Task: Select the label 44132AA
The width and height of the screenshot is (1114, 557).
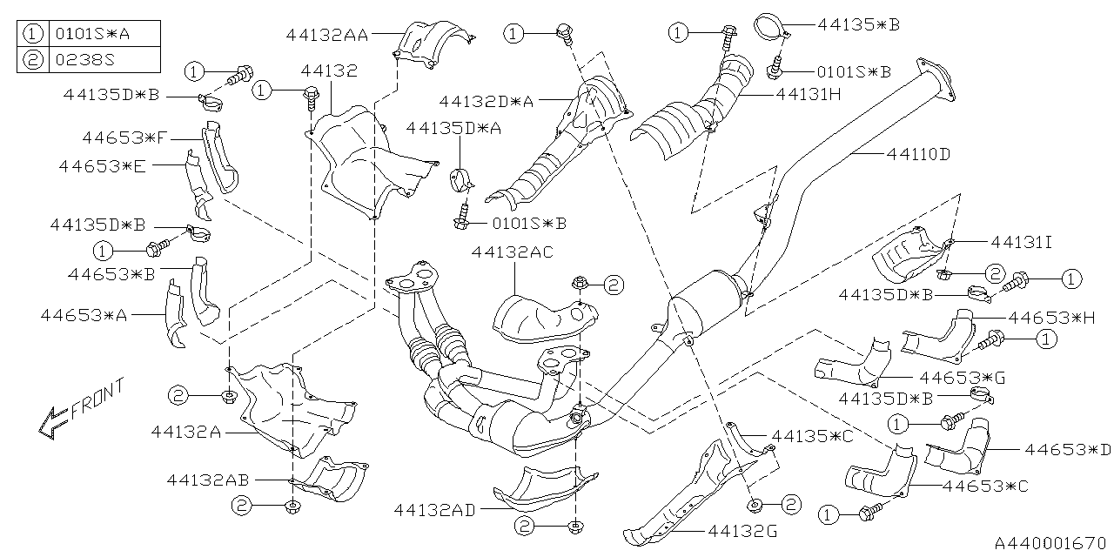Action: (x=326, y=35)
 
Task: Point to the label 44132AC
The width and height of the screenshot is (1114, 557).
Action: (x=512, y=252)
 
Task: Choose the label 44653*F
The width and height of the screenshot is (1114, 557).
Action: (x=125, y=138)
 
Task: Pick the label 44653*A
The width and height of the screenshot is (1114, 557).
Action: (x=84, y=315)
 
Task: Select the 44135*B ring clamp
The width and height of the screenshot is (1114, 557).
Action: (x=769, y=24)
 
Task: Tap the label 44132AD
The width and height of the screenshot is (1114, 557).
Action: (x=434, y=510)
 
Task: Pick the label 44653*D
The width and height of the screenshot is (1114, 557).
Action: (x=1068, y=450)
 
